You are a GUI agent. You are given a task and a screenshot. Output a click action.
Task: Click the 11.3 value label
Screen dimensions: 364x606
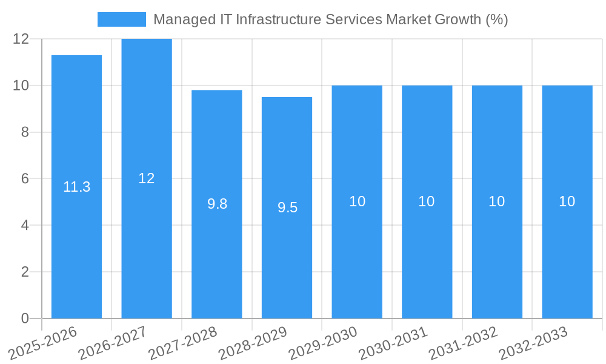(77, 187)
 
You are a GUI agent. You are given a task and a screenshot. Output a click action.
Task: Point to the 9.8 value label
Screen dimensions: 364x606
(217, 204)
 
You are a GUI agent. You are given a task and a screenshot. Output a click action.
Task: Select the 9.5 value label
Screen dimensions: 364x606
(287, 207)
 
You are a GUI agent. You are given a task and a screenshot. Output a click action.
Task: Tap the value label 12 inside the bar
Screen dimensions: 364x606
(147, 178)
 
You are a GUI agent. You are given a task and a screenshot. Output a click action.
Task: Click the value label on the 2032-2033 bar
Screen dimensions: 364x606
(567, 201)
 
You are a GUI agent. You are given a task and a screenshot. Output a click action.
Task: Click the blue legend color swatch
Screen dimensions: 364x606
(122, 19)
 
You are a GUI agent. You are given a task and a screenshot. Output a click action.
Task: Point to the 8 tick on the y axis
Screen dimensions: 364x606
(25, 132)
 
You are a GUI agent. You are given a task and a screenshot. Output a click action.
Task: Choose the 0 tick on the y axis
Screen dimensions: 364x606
(25, 318)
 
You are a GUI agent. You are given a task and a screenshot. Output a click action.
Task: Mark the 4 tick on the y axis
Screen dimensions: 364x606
(25, 225)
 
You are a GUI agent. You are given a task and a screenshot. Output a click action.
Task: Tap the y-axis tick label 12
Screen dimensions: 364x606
(21, 39)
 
